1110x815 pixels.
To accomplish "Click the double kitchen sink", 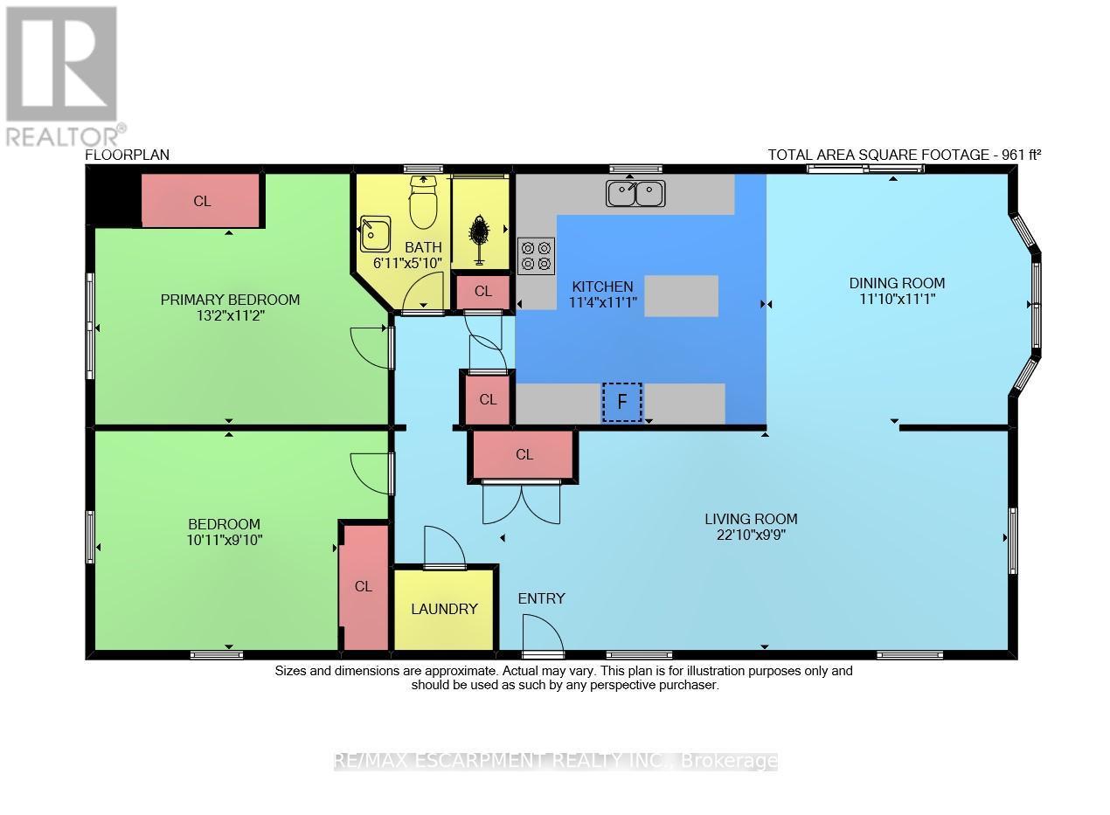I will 635,194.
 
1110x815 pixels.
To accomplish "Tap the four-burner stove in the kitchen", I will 536,254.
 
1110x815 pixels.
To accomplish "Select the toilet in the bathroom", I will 423,205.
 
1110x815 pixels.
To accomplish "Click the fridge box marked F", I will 621,402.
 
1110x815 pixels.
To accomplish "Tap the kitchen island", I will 681,295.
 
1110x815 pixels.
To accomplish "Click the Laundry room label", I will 444,609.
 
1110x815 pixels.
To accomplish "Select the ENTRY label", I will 541,598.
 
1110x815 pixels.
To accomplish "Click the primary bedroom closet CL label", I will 202,201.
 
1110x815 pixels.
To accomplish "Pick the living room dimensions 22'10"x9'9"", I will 751,535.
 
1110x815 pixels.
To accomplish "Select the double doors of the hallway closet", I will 522,503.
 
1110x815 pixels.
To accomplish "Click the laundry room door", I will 444,549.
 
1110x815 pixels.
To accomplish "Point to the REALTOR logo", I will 62,75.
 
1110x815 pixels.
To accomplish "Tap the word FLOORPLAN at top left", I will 127,155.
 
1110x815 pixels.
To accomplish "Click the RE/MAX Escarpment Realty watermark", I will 556,761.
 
